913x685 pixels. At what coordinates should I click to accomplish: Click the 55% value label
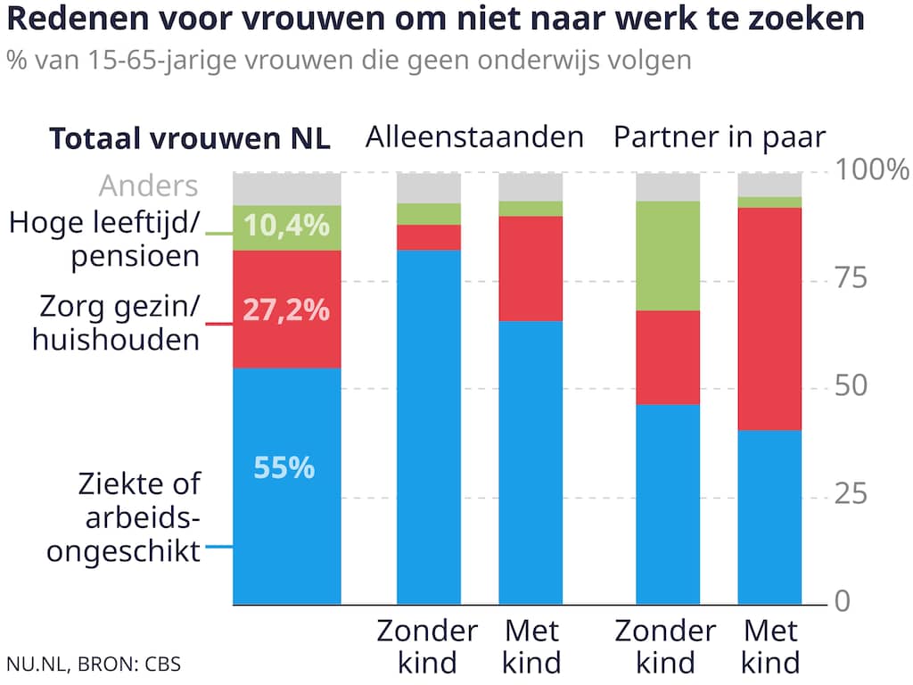point(284,467)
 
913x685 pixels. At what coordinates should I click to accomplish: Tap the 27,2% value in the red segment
point(287,310)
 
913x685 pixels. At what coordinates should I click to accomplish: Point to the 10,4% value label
point(287,226)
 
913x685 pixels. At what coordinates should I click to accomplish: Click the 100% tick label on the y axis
point(872,169)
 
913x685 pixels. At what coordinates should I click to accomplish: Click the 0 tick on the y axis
point(843,602)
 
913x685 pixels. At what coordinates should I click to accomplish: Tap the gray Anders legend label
point(148,186)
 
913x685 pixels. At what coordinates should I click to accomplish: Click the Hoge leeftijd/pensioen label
point(103,239)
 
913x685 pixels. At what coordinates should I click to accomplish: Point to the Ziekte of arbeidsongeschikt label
point(123,517)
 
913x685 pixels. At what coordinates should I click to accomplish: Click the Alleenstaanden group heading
point(474,137)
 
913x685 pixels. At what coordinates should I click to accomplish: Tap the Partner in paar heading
point(720,137)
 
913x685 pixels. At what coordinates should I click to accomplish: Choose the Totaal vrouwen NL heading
point(189,139)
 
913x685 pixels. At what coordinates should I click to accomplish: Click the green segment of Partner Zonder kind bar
point(668,255)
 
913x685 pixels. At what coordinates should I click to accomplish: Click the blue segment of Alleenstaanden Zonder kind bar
point(429,426)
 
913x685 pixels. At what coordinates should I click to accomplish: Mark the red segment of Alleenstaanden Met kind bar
point(531,268)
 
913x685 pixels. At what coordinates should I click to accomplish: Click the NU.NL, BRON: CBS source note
point(86,664)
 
